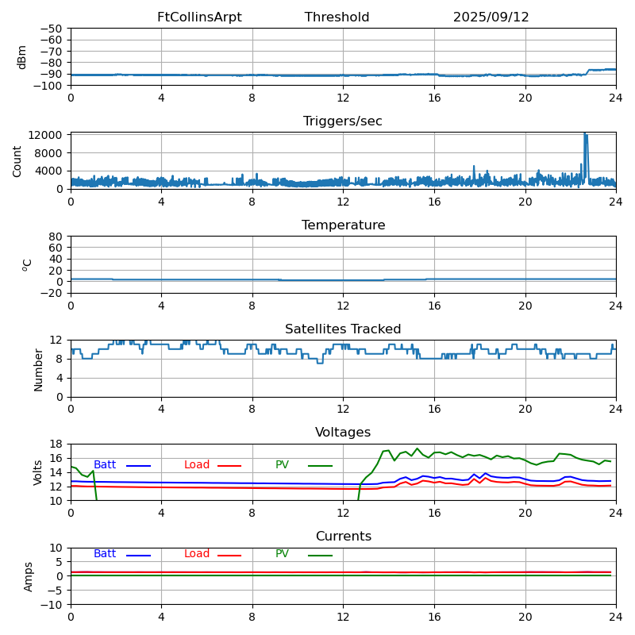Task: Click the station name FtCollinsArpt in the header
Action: (199, 17)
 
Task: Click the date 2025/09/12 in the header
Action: (491, 17)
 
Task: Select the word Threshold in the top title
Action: (337, 17)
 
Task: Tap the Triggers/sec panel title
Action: (343, 121)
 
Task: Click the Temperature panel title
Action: (343, 225)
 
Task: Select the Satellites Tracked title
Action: (343, 329)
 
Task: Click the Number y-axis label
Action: (39, 369)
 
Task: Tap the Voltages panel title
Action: (343, 433)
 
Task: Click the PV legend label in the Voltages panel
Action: (282, 465)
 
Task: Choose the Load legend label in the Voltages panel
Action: (197, 465)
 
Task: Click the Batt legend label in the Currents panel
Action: (105, 554)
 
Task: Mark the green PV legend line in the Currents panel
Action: (320, 555)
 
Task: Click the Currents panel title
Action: (343, 537)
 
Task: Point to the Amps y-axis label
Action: (29, 576)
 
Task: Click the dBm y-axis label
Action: (22, 56)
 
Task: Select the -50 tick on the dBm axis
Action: (53, 29)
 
